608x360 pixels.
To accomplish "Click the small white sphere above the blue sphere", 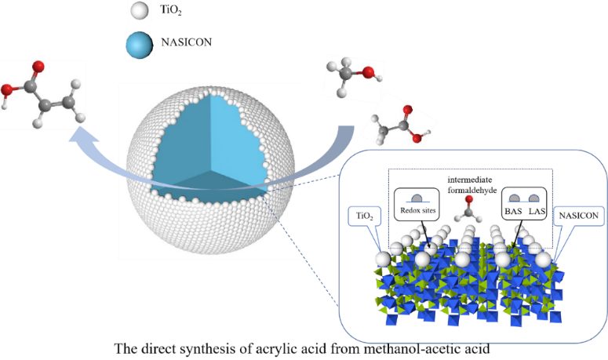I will pyautogui.click(x=138, y=12).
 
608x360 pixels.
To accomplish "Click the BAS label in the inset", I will pyautogui.click(x=513, y=212).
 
